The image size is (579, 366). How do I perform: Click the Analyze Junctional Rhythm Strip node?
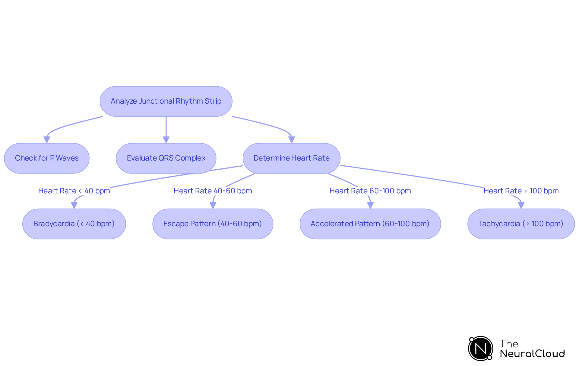point(166,101)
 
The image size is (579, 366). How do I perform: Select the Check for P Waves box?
point(47,158)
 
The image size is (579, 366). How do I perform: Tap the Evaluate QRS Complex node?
point(166,158)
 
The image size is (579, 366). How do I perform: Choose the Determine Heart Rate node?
point(291,158)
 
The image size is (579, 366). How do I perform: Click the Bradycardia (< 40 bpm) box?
point(74,224)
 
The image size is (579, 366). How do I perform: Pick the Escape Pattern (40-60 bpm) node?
point(213,224)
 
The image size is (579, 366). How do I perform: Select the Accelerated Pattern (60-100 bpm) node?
point(370,224)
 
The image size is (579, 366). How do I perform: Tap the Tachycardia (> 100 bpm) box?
point(521,224)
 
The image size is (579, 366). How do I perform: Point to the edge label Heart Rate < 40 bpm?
point(74,191)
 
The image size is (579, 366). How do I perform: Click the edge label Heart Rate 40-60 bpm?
point(213,191)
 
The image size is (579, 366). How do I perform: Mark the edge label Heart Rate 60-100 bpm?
point(370,191)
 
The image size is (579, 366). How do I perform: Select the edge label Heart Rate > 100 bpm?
point(521,191)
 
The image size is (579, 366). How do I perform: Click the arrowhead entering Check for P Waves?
point(47,140)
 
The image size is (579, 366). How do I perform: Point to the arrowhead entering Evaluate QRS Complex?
point(166,140)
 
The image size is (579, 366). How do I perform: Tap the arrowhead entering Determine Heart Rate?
point(291,140)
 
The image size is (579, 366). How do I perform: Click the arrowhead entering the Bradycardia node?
point(74,205)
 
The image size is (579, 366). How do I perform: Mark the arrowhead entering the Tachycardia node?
point(521,205)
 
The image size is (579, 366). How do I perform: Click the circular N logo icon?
point(481,349)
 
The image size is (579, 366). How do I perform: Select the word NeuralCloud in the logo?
point(532,354)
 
